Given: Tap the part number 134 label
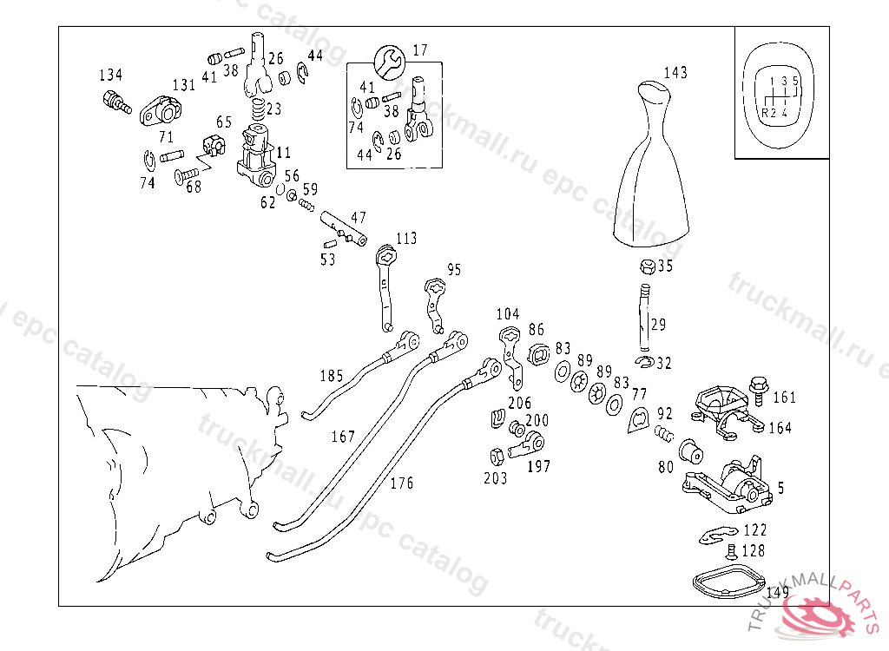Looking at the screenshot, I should click(110, 75).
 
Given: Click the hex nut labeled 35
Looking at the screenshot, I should click(646, 266).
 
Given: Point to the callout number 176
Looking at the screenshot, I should click(401, 483).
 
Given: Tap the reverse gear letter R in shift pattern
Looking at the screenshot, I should click(764, 112).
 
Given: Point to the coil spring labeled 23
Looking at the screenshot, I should click(257, 110).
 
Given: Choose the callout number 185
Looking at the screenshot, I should click(331, 376).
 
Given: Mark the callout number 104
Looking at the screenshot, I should click(508, 313).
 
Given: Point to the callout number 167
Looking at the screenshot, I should click(343, 437).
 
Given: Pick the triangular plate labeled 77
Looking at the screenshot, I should click(637, 418).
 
